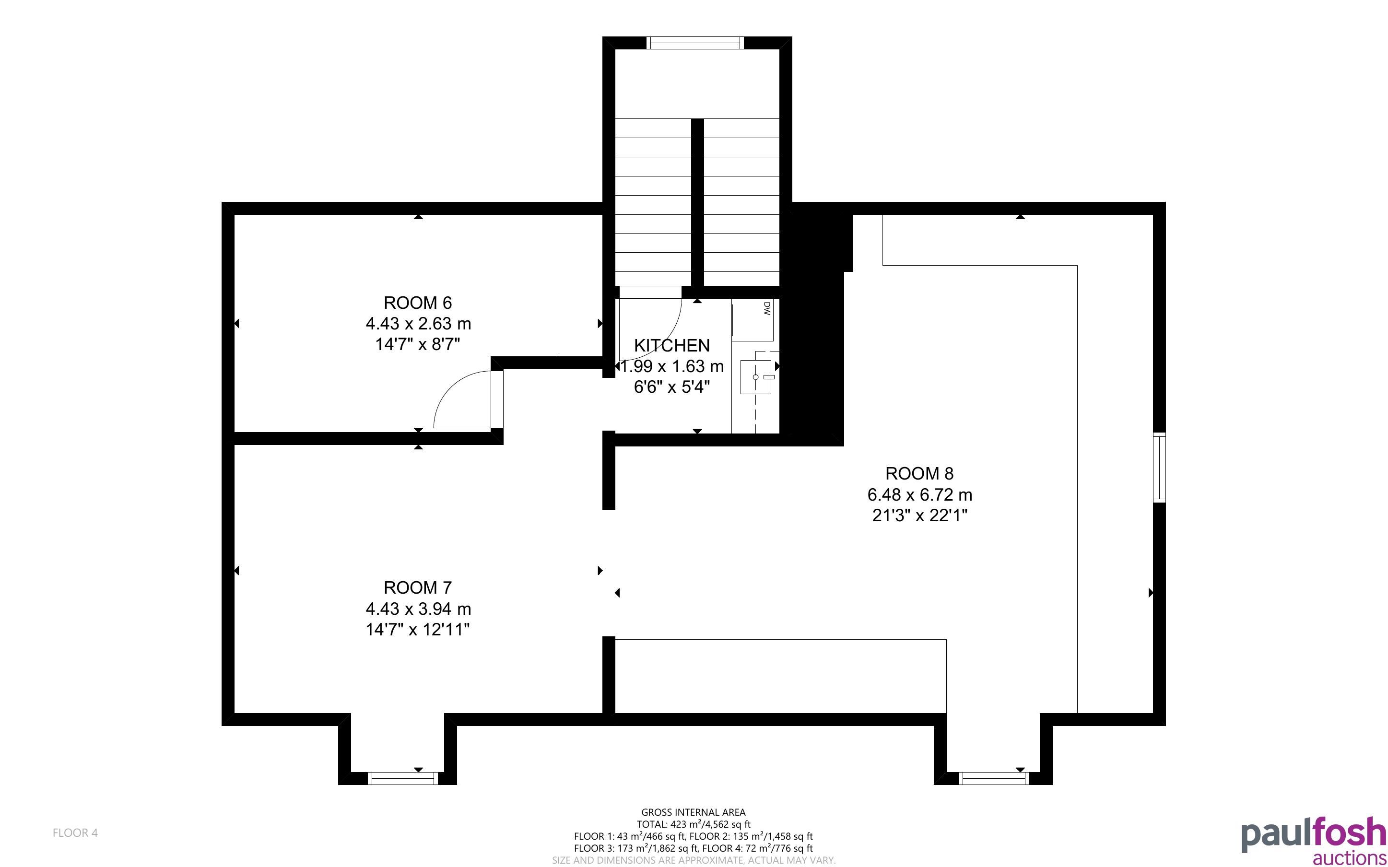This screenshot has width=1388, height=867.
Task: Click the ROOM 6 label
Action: [x=417, y=302]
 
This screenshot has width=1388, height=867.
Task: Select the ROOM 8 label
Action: [x=919, y=473]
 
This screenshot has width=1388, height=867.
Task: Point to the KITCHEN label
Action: [x=671, y=345]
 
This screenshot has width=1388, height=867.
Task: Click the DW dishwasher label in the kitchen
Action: [x=766, y=309]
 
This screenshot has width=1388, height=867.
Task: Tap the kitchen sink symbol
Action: [x=756, y=377]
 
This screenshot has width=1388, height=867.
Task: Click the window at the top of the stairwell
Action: [x=695, y=42]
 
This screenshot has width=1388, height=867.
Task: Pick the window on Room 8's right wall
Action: [x=1159, y=468]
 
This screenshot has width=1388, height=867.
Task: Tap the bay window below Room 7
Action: [x=402, y=778]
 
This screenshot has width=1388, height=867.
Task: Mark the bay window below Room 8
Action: [x=994, y=778]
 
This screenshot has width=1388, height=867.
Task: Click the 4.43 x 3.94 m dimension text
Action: [x=418, y=609]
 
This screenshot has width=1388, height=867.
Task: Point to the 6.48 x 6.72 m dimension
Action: [x=919, y=494]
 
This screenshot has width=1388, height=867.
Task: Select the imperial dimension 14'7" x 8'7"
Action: [x=417, y=344]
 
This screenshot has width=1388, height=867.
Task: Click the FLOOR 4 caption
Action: [x=75, y=832]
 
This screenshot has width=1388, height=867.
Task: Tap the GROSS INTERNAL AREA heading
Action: [x=693, y=812]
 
